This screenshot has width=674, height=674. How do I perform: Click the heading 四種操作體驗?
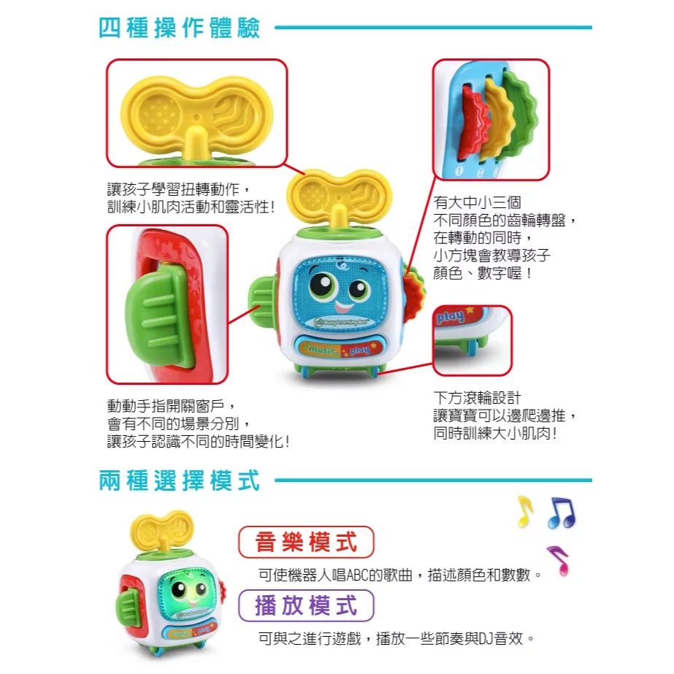click(179, 28)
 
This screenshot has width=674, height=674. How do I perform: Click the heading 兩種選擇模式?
click(179, 481)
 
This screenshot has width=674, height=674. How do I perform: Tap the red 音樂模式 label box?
click(306, 542)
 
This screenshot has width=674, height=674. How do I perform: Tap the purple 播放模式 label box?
click(306, 605)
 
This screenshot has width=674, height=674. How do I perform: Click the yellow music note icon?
click(524, 511)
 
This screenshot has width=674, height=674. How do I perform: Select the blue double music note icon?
click(562, 513)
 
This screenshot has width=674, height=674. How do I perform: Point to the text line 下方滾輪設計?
click(478, 399)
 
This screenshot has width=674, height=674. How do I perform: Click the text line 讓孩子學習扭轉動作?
click(179, 188)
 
